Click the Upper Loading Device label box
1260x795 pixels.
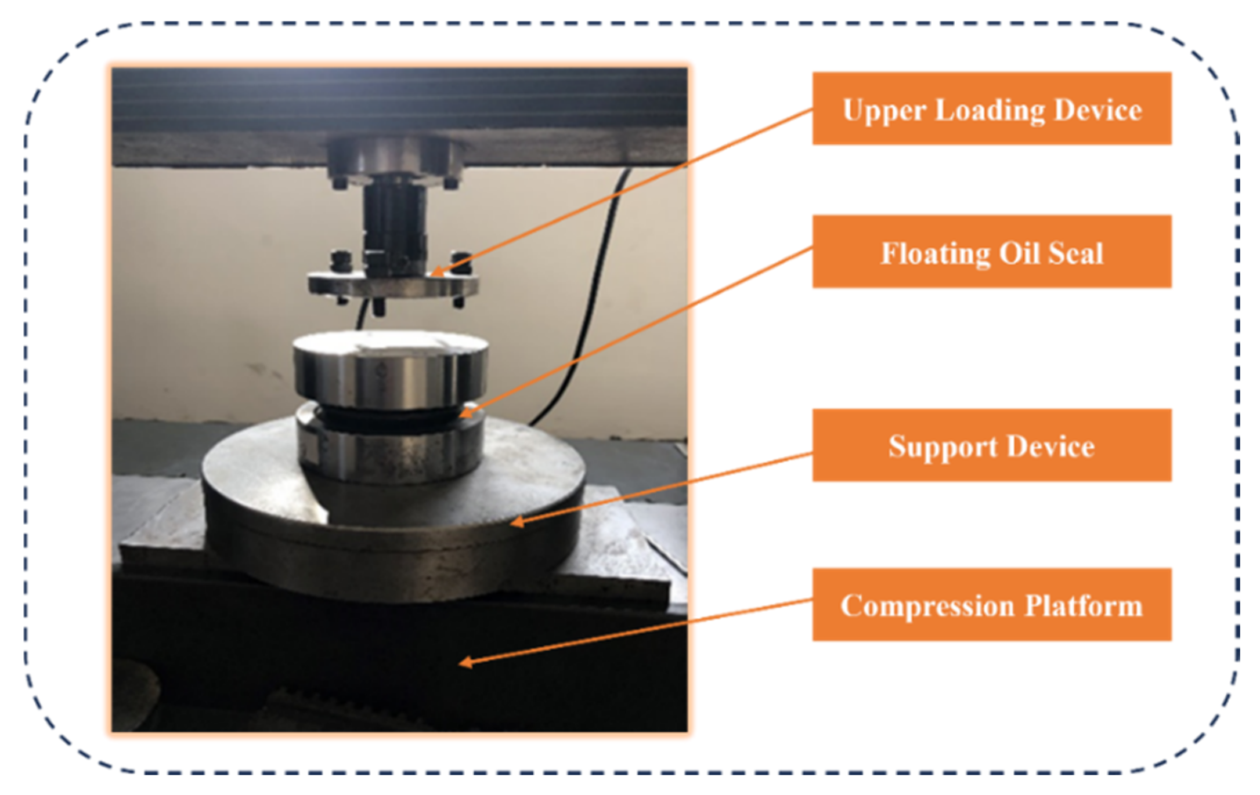tap(991, 108)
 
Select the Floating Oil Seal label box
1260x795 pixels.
tap(991, 252)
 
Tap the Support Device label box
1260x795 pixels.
tap(991, 445)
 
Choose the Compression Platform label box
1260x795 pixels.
tap(991, 605)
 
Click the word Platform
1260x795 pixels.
tap(1083, 606)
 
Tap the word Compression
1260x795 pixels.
tap(926, 607)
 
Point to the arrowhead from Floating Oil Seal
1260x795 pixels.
tap(464, 415)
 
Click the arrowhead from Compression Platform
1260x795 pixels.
tap(463, 663)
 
